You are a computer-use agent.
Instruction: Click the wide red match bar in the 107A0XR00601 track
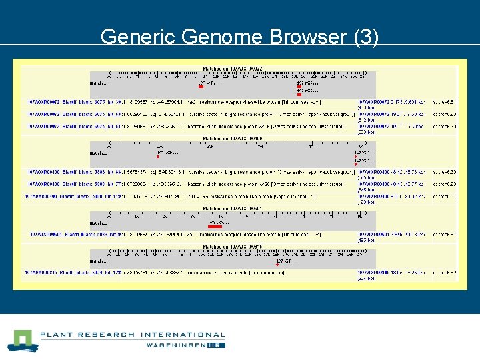tap(216, 227)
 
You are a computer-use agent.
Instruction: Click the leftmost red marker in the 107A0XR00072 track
tap(200, 87)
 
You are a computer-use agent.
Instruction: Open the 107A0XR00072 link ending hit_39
tap(74, 102)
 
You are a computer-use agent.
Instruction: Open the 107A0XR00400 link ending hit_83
tap(74, 172)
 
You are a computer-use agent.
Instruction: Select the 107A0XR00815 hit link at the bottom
tap(74, 272)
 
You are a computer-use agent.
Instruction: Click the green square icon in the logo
tap(21, 340)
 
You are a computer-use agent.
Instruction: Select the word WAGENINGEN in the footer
tap(176, 345)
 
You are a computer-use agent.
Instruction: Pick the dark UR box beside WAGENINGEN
tap(217, 345)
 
